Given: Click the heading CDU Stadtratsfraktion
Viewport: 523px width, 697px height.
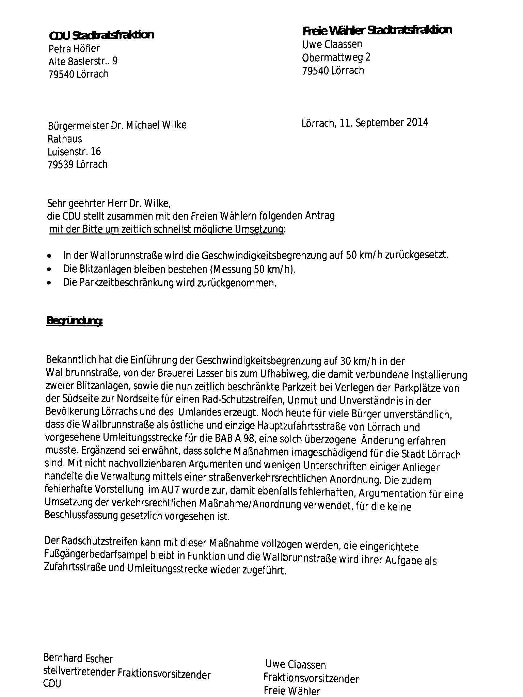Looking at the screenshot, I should coord(101,35).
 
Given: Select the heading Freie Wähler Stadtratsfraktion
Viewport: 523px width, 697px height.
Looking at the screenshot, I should coord(377,31).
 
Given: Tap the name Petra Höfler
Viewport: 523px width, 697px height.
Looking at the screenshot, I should coord(74,49).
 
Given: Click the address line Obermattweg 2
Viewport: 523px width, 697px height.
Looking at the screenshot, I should coord(336,57).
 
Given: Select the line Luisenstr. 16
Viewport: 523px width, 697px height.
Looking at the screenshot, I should coord(74,151).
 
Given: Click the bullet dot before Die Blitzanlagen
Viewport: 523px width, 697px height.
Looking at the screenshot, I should coord(50,270).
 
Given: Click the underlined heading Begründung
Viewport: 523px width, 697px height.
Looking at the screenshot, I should coord(74,321).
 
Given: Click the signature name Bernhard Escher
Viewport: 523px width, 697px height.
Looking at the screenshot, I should coord(78,659).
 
